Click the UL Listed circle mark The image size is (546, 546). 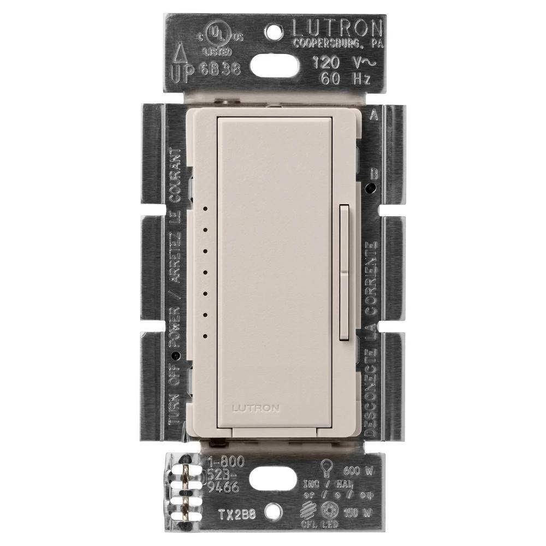[217, 34]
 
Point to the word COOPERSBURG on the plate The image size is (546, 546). [327, 43]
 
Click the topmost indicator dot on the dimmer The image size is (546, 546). [205, 208]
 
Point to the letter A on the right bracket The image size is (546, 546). [373, 115]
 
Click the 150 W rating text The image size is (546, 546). [357, 513]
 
